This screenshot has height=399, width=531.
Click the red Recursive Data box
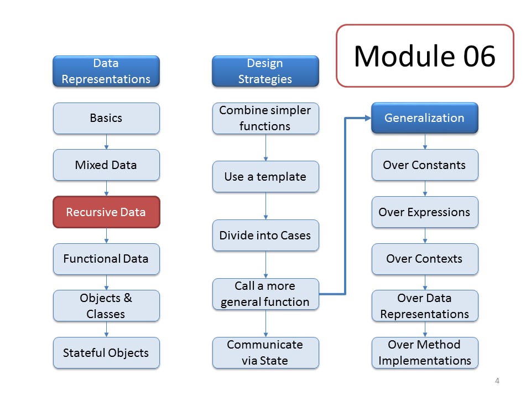point(106,212)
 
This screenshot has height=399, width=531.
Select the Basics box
point(106,118)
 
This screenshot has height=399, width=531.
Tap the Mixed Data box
point(106,165)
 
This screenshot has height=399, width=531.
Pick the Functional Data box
point(106,259)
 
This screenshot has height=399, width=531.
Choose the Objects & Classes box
point(106,306)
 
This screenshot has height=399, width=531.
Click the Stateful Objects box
point(106,353)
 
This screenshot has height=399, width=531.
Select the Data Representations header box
point(106,71)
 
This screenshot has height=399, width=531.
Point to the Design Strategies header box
point(265,71)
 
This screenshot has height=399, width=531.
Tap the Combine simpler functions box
point(265,118)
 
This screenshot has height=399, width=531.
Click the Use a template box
point(265,176)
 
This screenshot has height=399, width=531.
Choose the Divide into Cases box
point(265,235)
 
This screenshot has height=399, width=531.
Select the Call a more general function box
point(265,294)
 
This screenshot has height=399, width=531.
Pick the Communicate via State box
point(265,353)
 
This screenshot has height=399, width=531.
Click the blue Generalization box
point(425,117)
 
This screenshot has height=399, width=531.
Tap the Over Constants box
point(425,165)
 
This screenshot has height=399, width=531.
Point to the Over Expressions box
point(425,212)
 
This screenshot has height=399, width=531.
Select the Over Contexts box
point(425,259)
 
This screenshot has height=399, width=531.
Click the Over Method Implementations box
point(425,353)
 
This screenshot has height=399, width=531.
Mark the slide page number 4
point(497,381)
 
